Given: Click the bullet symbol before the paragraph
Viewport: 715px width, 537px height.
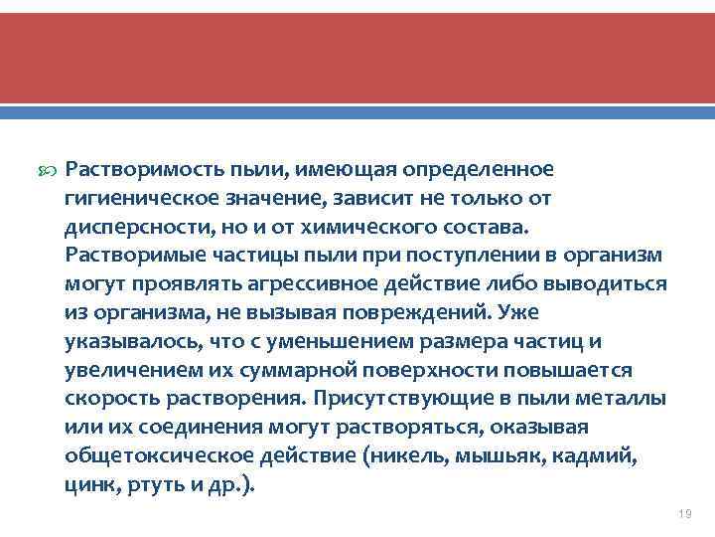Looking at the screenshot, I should [48, 171].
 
